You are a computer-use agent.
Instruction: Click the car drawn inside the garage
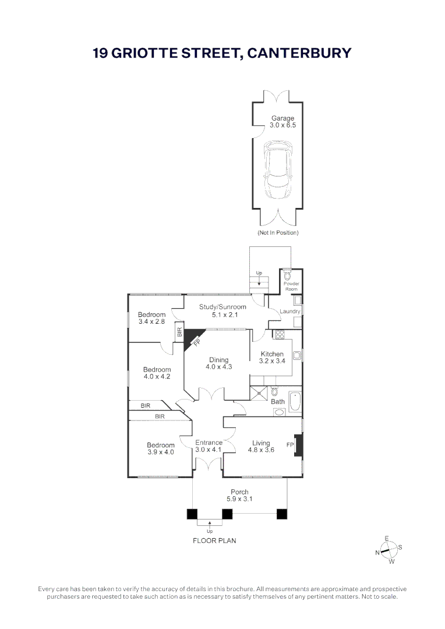pos(277,169)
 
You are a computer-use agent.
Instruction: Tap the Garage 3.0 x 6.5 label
pos(282,122)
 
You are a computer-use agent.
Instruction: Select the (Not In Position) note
pos(278,233)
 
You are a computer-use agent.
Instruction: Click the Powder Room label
pos(291,286)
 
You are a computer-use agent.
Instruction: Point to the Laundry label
pos(289,312)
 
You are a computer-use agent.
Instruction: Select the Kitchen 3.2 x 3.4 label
pos(272,358)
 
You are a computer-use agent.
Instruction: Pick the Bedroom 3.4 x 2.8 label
pos(151,318)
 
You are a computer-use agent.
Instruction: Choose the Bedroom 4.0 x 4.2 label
pos(157,373)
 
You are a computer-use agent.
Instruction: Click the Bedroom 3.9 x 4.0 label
pos(160,448)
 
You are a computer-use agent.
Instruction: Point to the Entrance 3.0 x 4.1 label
pos(209,446)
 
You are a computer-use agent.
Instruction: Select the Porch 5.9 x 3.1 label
pos(239,496)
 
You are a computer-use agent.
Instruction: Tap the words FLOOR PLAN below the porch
pos(214,540)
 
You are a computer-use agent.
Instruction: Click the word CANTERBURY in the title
pos(299,53)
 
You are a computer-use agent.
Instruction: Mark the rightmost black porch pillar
pos(282,514)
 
